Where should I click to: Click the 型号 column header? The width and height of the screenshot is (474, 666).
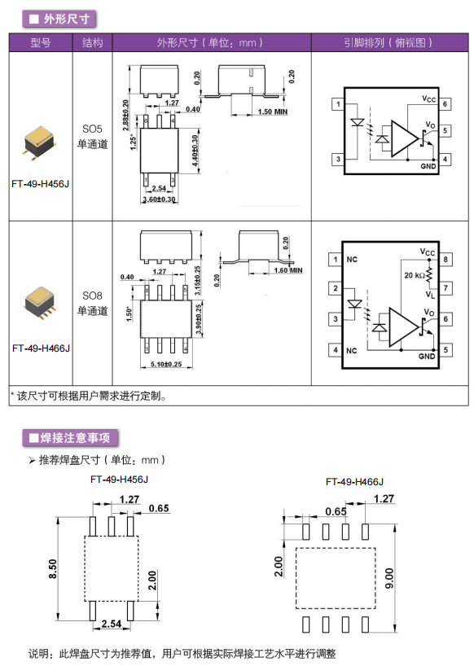click(41, 42)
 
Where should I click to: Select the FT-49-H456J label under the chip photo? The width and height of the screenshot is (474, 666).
click(41, 184)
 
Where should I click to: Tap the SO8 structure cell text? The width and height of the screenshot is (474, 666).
click(92, 303)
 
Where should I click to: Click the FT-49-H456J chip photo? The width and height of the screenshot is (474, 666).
click(39, 142)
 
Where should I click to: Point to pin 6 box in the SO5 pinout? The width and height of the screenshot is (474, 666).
click(445, 104)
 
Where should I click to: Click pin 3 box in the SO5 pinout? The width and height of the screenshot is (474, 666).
click(338, 160)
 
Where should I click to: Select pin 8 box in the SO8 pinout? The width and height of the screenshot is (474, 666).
click(445, 259)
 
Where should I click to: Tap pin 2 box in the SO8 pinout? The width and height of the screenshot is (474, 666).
click(335, 288)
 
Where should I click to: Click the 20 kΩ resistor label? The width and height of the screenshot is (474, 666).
click(415, 275)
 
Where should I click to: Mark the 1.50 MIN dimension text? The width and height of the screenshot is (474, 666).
click(273, 112)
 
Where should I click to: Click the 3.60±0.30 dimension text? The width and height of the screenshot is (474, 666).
click(159, 199)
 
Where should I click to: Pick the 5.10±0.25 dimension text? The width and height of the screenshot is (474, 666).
click(166, 364)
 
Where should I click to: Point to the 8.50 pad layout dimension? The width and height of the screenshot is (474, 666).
click(52, 568)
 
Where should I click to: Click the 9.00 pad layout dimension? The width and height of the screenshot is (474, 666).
click(388, 579)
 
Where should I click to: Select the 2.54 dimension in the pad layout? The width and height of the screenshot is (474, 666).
click(112, 624)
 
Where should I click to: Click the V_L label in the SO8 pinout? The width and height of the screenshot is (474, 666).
click(430, 295)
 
